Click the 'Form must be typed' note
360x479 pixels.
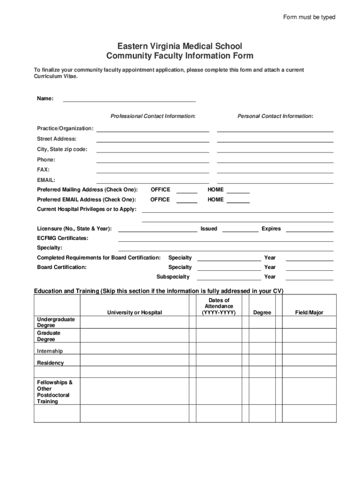point(309,17)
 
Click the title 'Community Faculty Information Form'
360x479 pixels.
point(180,56)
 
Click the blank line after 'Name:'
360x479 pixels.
point(129,99)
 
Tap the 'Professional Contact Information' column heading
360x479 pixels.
point(153,116)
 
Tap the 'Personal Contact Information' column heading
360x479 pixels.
point(275,116)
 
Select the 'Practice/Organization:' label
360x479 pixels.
point(65,128)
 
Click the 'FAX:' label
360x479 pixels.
point(43,170)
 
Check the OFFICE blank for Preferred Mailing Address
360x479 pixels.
point(187,190)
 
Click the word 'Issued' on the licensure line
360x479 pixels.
point(209,229)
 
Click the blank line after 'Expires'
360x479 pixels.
point(309,229)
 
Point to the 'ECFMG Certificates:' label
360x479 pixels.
point(62,238)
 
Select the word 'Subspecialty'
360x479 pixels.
point(173,277)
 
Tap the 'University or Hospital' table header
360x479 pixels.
point(135,312)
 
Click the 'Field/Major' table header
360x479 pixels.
point(309,312)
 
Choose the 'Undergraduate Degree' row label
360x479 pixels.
point(56,322)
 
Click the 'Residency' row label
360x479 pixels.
point(50,363)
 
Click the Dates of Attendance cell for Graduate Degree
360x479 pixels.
point(219,336)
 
